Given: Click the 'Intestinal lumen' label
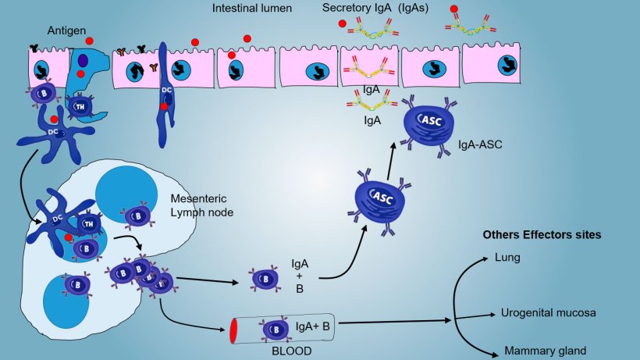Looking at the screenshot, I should click(252, 9).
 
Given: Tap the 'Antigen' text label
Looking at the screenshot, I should click(66, 30).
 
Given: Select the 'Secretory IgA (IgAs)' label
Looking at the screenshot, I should click(374, 9).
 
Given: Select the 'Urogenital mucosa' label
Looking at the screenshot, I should click(547, 312).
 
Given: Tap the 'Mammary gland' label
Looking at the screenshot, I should click(544, 351).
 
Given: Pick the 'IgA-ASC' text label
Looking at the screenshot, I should click(478, 145).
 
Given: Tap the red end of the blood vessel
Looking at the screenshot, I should click(233, 331).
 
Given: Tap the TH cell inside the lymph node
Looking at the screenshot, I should click(87, 223).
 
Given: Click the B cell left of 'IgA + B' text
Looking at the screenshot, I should click(262, 280).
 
